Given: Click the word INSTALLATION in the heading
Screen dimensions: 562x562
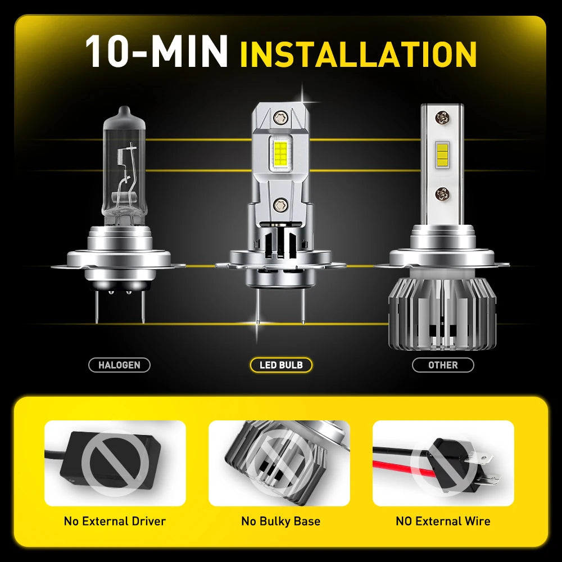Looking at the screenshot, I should point(358,54).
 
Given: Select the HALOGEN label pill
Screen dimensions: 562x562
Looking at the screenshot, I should point(119,365).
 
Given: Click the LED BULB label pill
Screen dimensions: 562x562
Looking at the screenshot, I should point(281,365).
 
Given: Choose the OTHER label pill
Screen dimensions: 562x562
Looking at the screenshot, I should point(443,365).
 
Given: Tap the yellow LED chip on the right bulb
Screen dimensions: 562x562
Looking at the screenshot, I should point(441,152).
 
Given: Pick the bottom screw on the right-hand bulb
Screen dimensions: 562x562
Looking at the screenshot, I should point(442,194).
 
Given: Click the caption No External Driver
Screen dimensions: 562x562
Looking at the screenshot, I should point(115,521).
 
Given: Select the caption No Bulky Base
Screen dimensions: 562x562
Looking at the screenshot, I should point(280,521).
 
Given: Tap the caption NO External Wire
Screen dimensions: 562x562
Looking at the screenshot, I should point(443,521).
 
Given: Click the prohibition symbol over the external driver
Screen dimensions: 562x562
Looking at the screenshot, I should point(115,464).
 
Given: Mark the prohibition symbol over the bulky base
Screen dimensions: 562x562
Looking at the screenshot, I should point(279,464).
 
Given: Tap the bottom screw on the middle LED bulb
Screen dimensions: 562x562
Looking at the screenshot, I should point(279,203).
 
